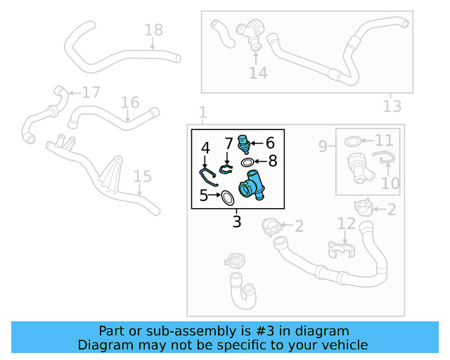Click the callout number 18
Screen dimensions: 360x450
pos(153,30)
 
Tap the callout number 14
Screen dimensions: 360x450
pos(258,72)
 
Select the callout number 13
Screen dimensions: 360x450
pos(392,106)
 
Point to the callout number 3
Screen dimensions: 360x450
pos(237,222)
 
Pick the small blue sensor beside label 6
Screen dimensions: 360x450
pos(244,143)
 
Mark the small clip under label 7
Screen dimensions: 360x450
pos(226,168)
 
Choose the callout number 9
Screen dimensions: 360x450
pos(323,146)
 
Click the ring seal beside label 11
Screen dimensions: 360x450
pos(354,143)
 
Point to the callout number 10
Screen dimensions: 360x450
pos(390,184)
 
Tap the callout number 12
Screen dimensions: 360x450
pos(346,224)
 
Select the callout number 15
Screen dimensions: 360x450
pos(142,176)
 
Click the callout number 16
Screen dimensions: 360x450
pos(129,103)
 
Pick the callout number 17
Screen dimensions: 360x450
pos(91,93)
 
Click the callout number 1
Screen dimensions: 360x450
pos(202,112)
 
